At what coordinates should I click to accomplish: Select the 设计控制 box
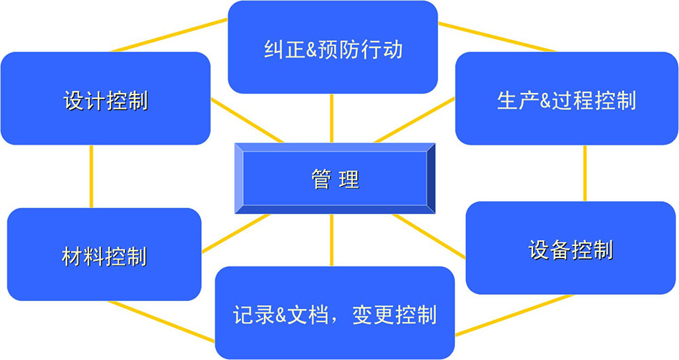105,98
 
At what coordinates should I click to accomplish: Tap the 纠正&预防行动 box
333,48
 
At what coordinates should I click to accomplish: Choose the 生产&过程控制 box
566,98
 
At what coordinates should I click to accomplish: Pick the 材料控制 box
104,255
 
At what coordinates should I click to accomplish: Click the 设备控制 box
571,248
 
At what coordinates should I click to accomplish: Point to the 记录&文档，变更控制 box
334,313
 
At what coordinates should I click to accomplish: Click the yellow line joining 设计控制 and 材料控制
91,177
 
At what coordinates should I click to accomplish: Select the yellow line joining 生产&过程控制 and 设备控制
585,173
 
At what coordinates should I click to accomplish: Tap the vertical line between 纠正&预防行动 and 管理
333,118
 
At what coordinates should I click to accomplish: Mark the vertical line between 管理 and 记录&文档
332,240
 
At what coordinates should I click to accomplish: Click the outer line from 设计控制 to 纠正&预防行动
170,35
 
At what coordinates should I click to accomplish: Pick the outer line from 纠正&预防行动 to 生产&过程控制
496,37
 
